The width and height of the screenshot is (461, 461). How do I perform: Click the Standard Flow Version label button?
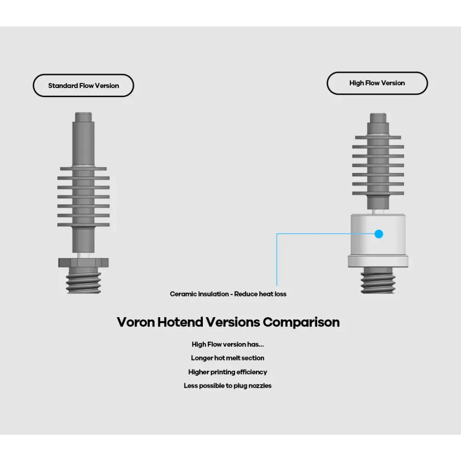coord(83,86)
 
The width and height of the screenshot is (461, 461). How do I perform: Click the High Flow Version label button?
coord(377,83)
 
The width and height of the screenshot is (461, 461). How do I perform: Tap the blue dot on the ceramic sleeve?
coord(379,234)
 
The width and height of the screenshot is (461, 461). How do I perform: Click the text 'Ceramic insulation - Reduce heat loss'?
coord(228,294)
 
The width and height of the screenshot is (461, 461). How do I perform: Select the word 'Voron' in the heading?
coord(136,322)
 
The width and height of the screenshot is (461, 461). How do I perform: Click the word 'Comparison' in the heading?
coord(301,322)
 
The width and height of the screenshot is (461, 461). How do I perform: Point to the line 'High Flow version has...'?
coord(228,344)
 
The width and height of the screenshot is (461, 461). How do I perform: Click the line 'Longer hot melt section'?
coord(228,358)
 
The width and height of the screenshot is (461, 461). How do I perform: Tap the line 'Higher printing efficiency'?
coord(228,372)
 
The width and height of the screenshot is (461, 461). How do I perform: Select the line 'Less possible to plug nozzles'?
coord(228,385)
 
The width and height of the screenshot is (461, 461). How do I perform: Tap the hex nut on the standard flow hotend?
coord(83,263)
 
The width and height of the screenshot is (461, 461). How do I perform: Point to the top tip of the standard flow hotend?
coord(83,112)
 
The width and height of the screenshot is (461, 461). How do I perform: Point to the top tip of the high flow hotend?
coord(378,114)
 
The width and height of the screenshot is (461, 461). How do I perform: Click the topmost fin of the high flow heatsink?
coord(378,137)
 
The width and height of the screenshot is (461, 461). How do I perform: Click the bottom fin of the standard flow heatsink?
coord(83,225)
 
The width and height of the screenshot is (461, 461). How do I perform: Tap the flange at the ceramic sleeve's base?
coord(378,261)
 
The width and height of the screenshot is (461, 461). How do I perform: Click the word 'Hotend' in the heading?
coord(180,322)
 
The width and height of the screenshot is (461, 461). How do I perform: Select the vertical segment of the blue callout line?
coord(277,260)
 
